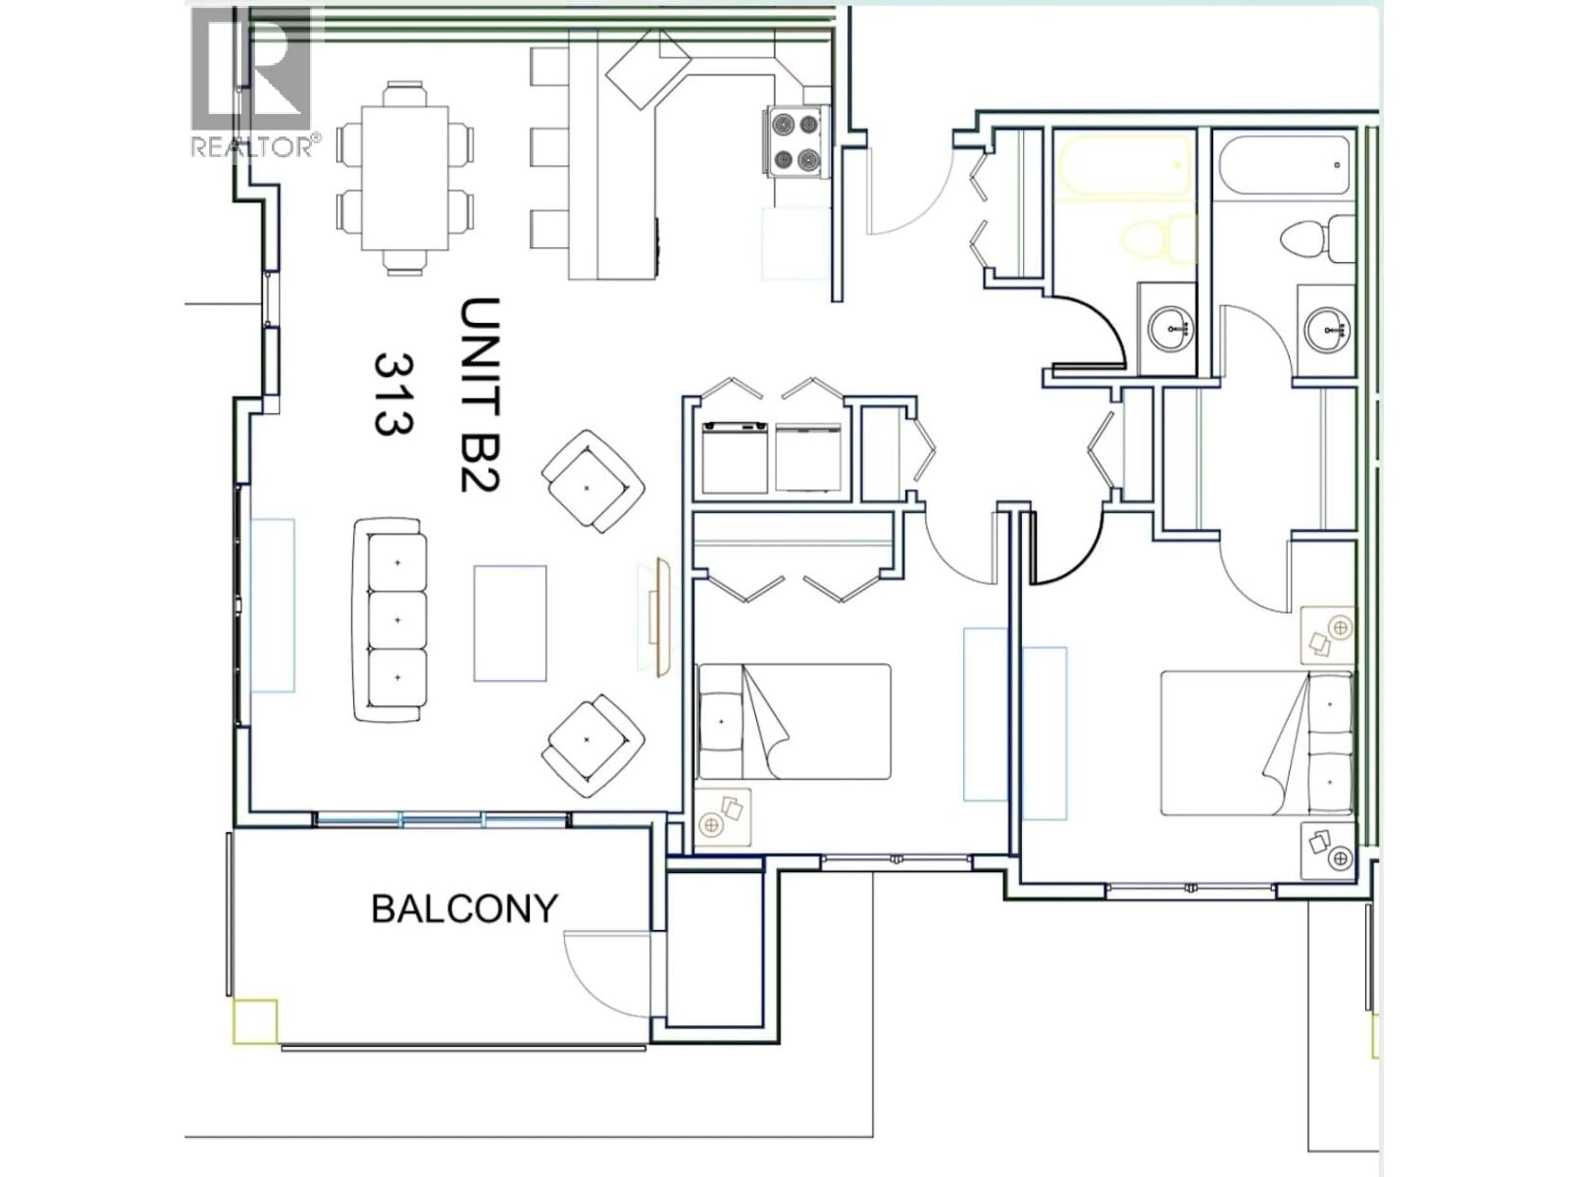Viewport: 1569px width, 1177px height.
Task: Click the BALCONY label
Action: (465, 910)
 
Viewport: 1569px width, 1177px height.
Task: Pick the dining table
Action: (405, 178)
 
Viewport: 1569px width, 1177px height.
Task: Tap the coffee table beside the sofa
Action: (510, 623)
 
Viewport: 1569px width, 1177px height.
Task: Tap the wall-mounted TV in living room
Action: (663, 617)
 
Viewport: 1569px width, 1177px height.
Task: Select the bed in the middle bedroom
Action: (794, 721)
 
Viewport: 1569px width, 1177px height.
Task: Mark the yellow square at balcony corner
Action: (255, 1022)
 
